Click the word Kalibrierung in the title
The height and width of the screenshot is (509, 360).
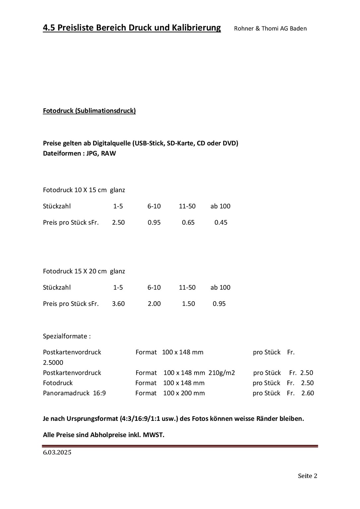196,28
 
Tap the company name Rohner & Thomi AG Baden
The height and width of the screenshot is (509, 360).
270,28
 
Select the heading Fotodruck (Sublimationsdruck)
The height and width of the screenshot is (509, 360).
89,111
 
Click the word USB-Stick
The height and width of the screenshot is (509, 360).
148,143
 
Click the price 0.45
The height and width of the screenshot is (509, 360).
221,222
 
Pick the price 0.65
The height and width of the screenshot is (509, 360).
188,222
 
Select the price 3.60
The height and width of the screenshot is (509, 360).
118,304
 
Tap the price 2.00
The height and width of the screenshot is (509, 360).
154,304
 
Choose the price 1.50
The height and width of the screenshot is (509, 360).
188,304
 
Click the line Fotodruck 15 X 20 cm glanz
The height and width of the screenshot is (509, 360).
84,271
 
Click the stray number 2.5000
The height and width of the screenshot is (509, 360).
53,363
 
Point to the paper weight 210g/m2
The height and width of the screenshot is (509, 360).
222,373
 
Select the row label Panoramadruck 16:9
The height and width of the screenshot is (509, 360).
74,393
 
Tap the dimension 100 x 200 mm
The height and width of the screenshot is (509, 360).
184,393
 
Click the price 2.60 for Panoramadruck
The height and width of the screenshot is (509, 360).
308,393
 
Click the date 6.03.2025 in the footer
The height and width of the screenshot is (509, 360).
57,453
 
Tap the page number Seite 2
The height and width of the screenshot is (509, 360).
307,476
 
